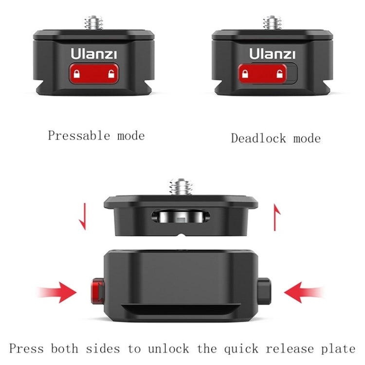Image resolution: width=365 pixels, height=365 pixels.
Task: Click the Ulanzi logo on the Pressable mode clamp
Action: click(93, 53)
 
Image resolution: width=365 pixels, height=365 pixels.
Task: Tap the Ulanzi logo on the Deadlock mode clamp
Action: click(273, 53)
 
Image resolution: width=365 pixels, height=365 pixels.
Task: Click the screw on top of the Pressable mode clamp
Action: click(93, 22)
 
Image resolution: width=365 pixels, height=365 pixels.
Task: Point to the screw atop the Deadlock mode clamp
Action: click(273, 22)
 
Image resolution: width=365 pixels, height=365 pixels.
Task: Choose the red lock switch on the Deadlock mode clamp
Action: click(263, 73)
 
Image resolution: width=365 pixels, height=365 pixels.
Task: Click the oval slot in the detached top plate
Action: click(182, 216)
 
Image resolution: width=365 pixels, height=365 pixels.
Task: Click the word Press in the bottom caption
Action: click(26, 348)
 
